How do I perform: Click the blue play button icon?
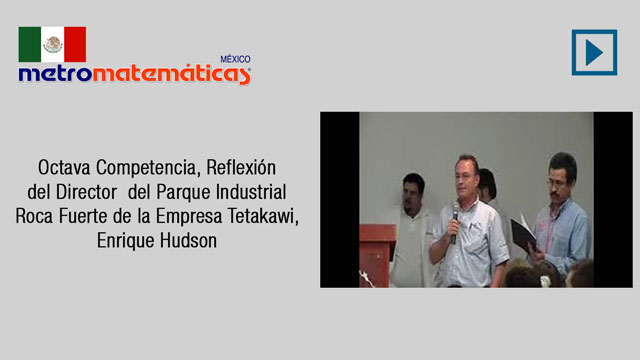[594, 52]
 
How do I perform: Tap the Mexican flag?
[52, 44]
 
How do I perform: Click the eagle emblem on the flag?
[53, 44]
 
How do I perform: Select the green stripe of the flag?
[30, 44]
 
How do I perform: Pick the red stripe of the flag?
[75, 44]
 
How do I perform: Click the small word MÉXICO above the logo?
[236, 59]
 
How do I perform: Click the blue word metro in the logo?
[55, 73]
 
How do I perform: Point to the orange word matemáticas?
[171, 74]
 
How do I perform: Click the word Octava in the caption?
[64, 167]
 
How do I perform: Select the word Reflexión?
[241, 167]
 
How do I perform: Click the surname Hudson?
[188, 240]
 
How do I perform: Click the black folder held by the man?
[523, 233]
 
